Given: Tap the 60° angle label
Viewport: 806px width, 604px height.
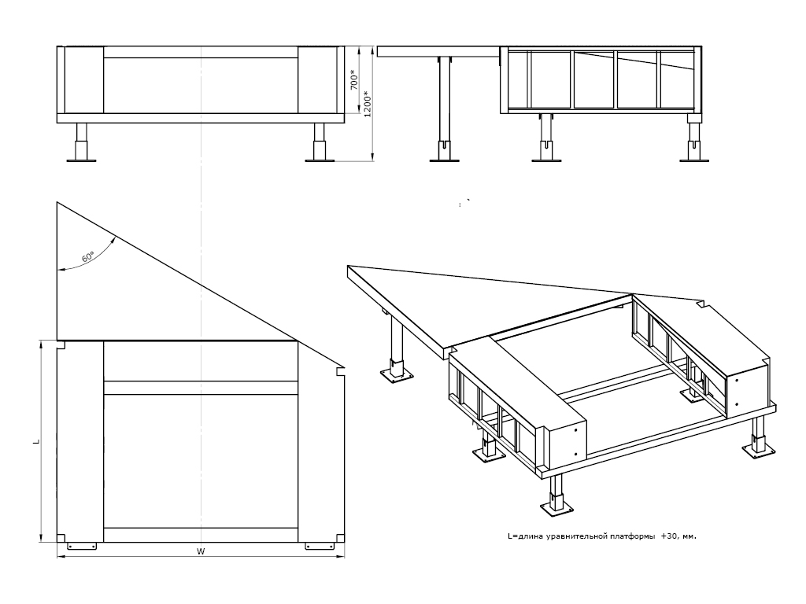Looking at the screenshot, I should pyautogui.click(x=87, y=256).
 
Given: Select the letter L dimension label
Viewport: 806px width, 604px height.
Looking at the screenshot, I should pyautogui.click(x=35, y=442).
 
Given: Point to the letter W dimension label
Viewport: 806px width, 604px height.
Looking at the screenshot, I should pyautogui.click(x=201, y=552).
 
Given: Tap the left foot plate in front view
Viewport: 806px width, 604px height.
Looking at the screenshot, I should pyautogui.click(x=81, y=160).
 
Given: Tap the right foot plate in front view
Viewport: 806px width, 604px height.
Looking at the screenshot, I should pyautogui.click(x=320, y=160).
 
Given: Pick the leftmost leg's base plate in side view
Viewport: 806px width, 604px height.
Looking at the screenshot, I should pyautogui.click(x=445, y=160).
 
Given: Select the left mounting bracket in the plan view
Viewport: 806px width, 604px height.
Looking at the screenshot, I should pyautogui.click(x=81, y=545).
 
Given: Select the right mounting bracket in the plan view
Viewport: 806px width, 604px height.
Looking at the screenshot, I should pyautogui.click(x=320, y=545).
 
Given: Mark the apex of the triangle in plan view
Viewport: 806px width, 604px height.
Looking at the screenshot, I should pyautogui.click(x=57, y=202).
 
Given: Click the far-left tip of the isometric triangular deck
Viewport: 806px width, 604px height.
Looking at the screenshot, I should pyautogui.click(x=348, y=267).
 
